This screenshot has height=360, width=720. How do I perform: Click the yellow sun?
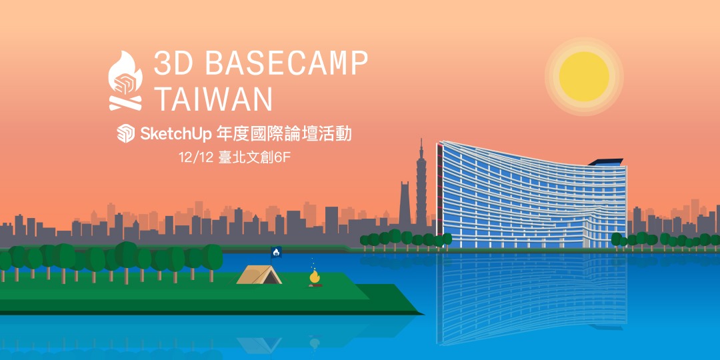[x=584, y=76]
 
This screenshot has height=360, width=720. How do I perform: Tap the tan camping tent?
[x=259, y=274]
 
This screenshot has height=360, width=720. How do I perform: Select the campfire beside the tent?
[x=314, y=277]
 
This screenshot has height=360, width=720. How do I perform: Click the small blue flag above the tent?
[x=277, y=251]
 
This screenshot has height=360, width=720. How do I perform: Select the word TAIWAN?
[x=213, y=99]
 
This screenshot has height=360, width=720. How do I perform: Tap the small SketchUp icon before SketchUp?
[x=125, y=134]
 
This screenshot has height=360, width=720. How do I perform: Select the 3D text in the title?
[x=175, y=65]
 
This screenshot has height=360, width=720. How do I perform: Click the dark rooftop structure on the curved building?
[x=605, y=161]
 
